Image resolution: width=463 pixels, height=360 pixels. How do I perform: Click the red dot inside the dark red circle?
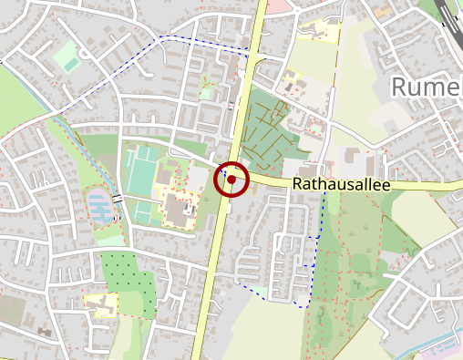pos(231,180)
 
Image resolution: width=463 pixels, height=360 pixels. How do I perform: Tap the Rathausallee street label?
pos(341,185)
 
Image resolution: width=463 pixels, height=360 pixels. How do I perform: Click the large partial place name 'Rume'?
pos(427,87)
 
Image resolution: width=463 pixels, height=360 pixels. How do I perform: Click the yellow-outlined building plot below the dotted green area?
pos(101,303)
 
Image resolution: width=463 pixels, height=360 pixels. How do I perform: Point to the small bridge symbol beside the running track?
pos(117,200)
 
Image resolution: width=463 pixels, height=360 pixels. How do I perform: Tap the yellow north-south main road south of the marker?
pos(212,273)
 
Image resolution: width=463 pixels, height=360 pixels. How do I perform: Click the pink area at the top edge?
pos(282,5)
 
